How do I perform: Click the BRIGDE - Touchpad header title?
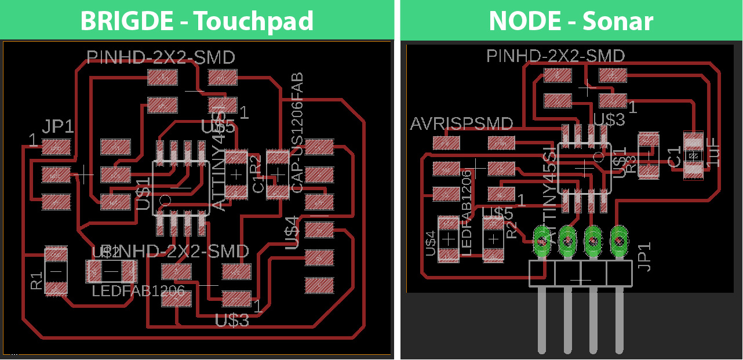[x=196, y=21]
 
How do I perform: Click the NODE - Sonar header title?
[x=571, y=21]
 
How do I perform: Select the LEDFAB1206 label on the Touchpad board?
[x=139, y=290]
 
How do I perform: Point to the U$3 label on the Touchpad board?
[x=232, y=319]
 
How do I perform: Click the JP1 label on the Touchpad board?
[x=57, y=127]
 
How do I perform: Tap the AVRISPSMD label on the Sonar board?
[x=461, y=123]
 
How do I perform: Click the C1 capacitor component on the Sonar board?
[x=693, y=155]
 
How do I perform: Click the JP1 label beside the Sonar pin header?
[x=644, y=256]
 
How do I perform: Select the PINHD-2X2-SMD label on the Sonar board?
[x=555, y=56]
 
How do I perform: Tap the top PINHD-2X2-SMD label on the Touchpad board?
[x=161, y=57]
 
